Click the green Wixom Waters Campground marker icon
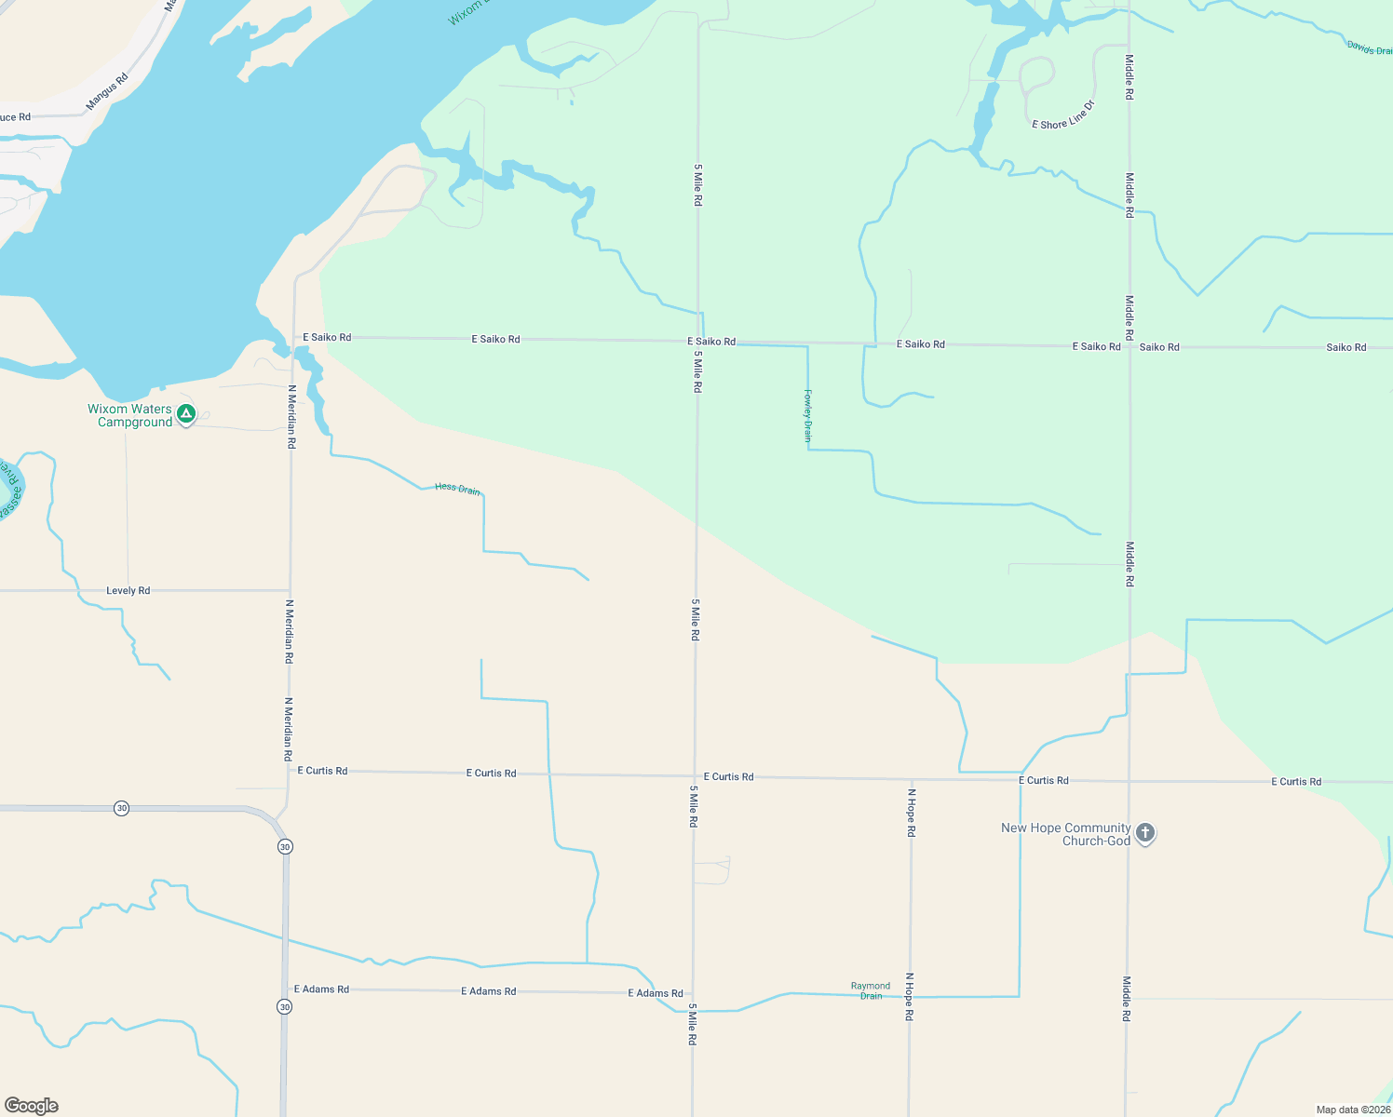186,413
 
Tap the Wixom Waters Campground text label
129,415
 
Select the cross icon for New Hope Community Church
1145,833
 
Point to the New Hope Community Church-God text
1066,834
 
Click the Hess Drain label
457,488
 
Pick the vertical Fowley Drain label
808,415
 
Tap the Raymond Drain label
871,990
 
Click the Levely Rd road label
128,590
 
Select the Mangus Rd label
107,91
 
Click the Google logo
32,1106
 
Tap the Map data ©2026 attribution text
1353,1110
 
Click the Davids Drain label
1369,47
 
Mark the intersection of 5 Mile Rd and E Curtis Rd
695,775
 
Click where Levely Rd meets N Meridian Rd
291,590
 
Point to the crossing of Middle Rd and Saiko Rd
1129,346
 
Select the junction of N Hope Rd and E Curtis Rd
911,778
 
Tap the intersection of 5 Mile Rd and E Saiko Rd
697,341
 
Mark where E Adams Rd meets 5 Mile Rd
693,993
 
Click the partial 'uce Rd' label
15,117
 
